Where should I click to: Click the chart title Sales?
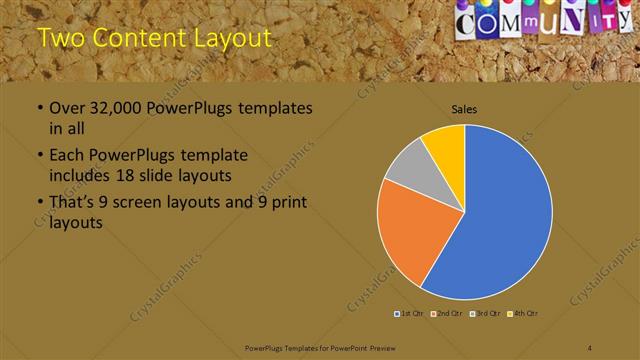(465, 109)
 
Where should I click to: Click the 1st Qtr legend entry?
(409, 314)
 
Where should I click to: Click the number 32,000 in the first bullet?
(112, 109)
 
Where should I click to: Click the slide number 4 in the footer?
(590, 347)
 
